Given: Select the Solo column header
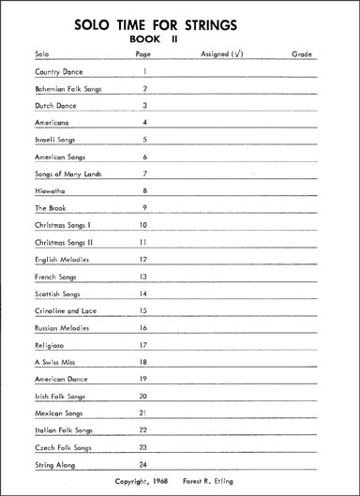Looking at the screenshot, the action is (x=40, y=55).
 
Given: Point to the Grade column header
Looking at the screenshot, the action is (x=301, y=55).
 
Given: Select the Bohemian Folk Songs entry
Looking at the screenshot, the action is (x=67, y=89).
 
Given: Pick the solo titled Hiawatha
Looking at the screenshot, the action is (x=49, y=191).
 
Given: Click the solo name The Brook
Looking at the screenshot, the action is (x=49, y=208).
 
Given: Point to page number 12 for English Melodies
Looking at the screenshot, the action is (x=144, y=259).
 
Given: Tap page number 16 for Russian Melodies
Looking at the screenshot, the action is (x=144, y=327).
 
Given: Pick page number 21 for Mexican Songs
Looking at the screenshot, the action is (x=144, y=413).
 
